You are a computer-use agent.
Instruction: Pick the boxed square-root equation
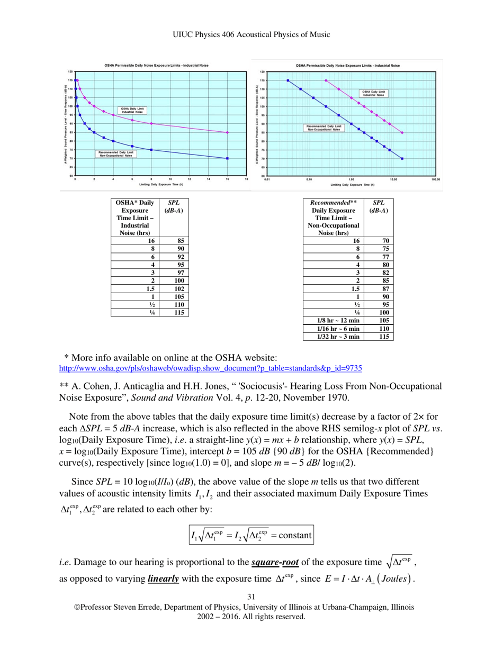[x=251, y=535]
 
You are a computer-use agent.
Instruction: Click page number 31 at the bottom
[x=251, y=598]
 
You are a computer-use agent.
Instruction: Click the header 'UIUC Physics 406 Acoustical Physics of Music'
[x=251, y=34]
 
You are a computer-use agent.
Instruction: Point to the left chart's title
[x=156, y=65]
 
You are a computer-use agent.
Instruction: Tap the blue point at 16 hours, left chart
[x=227, y=158]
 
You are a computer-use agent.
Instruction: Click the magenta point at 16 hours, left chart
[x=227, y=132]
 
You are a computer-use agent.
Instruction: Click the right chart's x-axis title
[x=352, y=185]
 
